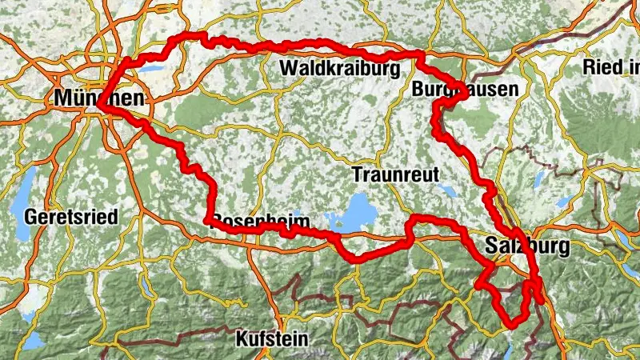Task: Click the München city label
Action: point(100,98)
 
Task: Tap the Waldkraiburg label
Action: point(339,70)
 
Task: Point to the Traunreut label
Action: point(396,174)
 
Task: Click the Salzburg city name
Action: point(527,246)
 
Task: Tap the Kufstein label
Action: point(271,338)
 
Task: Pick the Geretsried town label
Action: point(71,217)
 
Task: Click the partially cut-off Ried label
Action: point(611,67)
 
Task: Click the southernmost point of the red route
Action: point(513,325)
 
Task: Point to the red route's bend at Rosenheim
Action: point(208,220)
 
